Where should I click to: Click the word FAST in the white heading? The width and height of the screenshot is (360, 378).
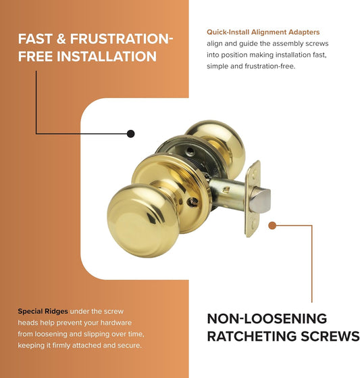(35, 39)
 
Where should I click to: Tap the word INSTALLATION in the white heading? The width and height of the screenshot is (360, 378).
(107, 56)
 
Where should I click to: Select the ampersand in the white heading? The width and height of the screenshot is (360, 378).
(61, 39)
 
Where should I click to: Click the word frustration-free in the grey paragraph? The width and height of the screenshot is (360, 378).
(269, 66)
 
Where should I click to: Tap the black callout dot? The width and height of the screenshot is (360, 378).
(130, 134)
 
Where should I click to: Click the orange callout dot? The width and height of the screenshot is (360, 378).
(272, 225)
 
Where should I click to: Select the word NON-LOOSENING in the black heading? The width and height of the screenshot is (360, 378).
(267, 318)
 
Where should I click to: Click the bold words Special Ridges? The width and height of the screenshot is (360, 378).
(43, 312)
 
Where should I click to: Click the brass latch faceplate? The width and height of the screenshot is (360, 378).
(253, 198)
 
